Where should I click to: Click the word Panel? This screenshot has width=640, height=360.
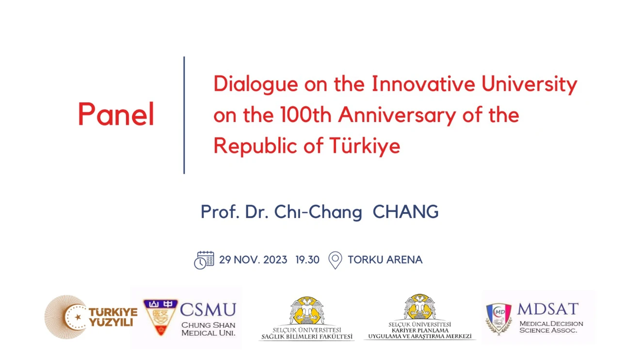(x=116, y=114)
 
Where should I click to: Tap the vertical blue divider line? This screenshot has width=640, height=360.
(x=184, y=115)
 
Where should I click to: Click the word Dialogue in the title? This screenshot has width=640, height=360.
(x=256, y=84)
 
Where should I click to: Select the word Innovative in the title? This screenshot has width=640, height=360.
(x=423, y=84)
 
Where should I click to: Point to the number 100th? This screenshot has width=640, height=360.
(x=306, y=115)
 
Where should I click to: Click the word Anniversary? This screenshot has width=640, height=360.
(x=397, y=116)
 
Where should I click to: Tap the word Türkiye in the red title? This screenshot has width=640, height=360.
(x=365, y=147)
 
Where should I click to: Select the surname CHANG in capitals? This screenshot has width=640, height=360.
(x=406, y=212)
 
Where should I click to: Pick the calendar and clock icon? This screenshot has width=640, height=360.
(x=204, y=260)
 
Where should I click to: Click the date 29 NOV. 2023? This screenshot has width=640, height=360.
(x=253, y=260)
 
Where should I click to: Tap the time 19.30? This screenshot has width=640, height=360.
(x=307, y=260)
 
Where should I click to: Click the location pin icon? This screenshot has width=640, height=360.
(x=335, y=260)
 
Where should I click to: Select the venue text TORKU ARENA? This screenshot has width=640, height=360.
(x=385, y=260)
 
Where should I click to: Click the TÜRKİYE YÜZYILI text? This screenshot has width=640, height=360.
(x=113, y=317)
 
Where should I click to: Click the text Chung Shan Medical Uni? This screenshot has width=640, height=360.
(x=208, y=329)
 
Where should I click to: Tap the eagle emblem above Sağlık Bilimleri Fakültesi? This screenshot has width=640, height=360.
(x=306, y=311)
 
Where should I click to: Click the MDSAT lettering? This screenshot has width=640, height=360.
(x=548, y=309)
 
